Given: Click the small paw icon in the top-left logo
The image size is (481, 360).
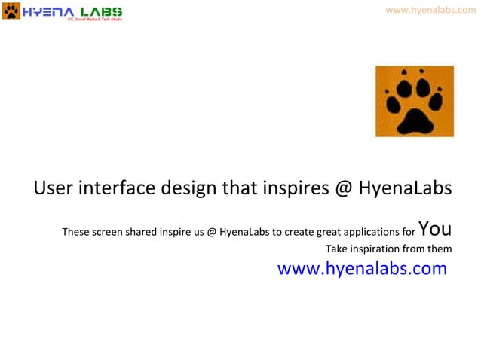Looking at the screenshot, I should click(11, 11).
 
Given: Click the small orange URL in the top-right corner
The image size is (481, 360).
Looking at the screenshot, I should click(430, 10).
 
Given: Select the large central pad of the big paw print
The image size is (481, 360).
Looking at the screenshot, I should click(415, 118).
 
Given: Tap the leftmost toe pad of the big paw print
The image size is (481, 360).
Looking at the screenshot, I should click(391, 99).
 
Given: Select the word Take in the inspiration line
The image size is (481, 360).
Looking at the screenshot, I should click(335, 249).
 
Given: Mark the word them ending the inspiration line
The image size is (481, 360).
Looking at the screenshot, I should click(440, 249).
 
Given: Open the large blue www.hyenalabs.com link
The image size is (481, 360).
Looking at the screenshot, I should click(362, 269).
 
